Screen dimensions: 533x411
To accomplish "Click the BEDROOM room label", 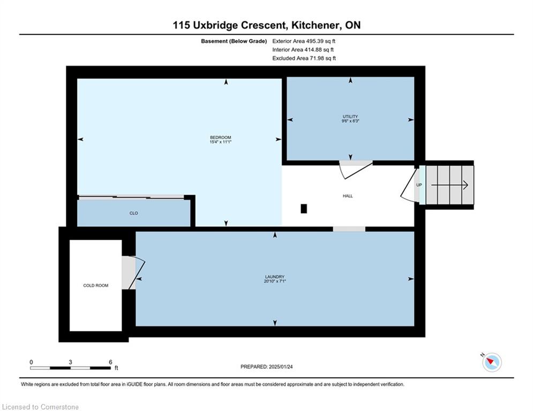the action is click(x=220, y=138).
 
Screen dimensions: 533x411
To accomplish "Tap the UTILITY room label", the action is click(x=350, y=117).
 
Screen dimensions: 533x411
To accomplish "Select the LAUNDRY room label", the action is click(x=275, y=277).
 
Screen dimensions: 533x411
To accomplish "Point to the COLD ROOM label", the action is click(x=96, y=285).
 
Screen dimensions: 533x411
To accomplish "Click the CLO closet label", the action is click(x=133, y=213).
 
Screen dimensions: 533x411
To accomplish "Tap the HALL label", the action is click(x=348, y=196).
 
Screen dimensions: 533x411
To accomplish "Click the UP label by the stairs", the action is click(x=419, y=185).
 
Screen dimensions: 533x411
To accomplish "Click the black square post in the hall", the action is click(x=304, y=209).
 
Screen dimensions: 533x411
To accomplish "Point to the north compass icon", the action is click(x=492, y=362).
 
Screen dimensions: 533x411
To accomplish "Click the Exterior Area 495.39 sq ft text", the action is click(x=304, y=41).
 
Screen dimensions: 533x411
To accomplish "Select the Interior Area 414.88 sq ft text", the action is click(x=303, y=50).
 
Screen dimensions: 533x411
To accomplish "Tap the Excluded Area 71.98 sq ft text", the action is click(x=304, y=58).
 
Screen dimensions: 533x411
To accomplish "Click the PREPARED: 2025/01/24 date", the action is click(x=267, y=367).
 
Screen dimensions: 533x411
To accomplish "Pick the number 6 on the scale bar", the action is click(x=110, y=362).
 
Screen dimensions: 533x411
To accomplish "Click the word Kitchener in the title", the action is click(x=315, y=25).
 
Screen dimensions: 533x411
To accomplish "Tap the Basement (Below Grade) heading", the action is click(x=234, y=41).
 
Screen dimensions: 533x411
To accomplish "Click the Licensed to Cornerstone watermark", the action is click(x=40, y=407).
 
